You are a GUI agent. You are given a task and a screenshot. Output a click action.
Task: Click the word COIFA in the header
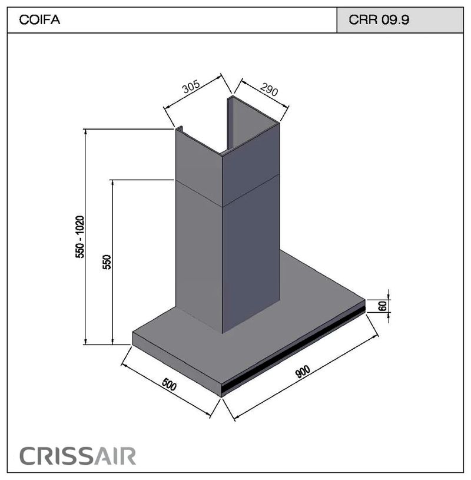click(x=39, y=20)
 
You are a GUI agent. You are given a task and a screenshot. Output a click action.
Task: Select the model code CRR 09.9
click(x=379, y=20)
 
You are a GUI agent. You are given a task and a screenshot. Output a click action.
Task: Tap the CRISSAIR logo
click(x=78, y=456)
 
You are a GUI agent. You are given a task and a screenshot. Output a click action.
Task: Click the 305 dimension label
click(x=191, y=87)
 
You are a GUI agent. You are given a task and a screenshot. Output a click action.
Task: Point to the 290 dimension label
click(x=269, y=90)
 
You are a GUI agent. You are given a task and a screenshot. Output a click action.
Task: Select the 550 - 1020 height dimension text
click(x=80, y=237)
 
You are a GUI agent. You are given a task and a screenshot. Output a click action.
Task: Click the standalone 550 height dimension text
click(x=107, y=261)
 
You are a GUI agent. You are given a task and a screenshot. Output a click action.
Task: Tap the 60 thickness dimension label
click(x=383, y=306)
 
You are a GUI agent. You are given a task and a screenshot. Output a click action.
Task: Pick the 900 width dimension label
click(x=303, y=371)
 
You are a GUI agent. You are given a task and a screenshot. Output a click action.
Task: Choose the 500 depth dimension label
click(x=169, y=385)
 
